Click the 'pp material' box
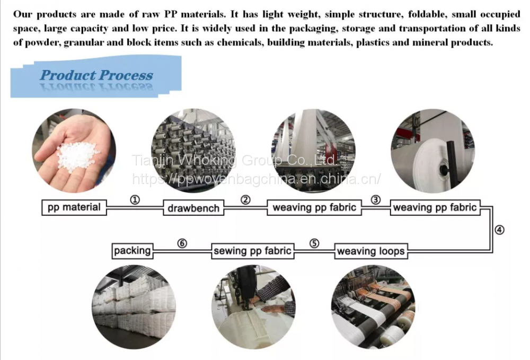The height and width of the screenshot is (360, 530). click(74, 207)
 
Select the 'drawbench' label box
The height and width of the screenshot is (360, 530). click(193, 208)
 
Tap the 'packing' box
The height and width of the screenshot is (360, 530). click(132, 251)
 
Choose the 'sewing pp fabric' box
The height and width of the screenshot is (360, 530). click(252, 251)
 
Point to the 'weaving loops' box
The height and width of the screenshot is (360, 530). click(371, 251)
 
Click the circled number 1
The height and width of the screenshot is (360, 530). click(135, 200)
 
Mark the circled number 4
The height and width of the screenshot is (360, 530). click(499, 230)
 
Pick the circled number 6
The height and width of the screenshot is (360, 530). click(182, 243)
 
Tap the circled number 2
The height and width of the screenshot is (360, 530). click(246, 200)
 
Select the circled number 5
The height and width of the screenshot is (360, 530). click(314, 243)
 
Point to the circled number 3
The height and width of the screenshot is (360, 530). click(376, 200)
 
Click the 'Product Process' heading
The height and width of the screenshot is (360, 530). click(96, 75)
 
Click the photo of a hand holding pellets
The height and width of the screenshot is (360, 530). click(74, 151)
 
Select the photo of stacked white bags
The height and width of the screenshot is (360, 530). click(134, 307)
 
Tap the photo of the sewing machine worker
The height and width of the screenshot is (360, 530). click(253, 307)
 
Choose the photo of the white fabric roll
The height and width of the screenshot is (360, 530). click(433, 151)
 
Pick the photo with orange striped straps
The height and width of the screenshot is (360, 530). click(373, 307)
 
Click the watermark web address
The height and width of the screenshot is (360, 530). click(257, 179)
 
